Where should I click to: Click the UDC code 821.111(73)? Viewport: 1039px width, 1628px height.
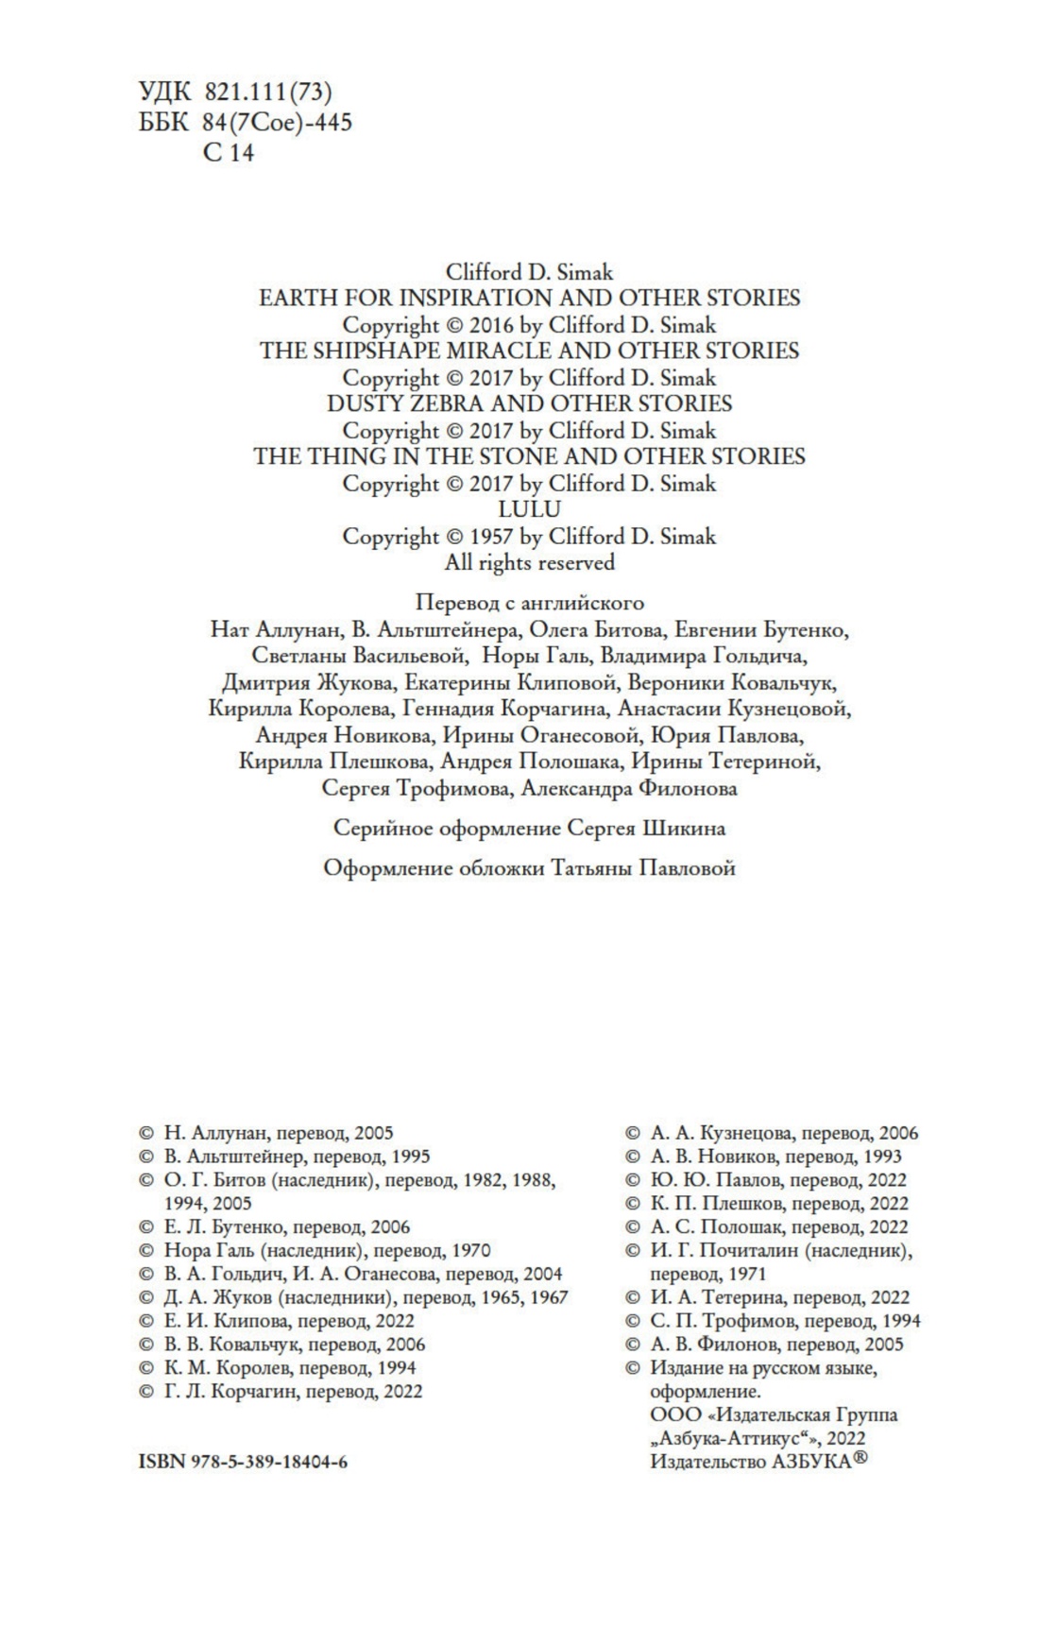(x=267, y=92)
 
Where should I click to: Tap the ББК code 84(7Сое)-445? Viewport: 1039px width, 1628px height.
(x=277, y=122)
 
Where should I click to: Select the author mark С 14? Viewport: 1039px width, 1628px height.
(x=229, y=153)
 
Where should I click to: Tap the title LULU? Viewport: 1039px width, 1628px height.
(x=529, y=510)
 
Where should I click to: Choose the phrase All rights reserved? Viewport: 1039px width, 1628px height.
(x=529, y=563)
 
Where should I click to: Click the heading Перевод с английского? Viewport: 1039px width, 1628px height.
(x=529, y=603)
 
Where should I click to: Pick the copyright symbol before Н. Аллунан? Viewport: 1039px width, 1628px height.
(x=145, y=1133)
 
